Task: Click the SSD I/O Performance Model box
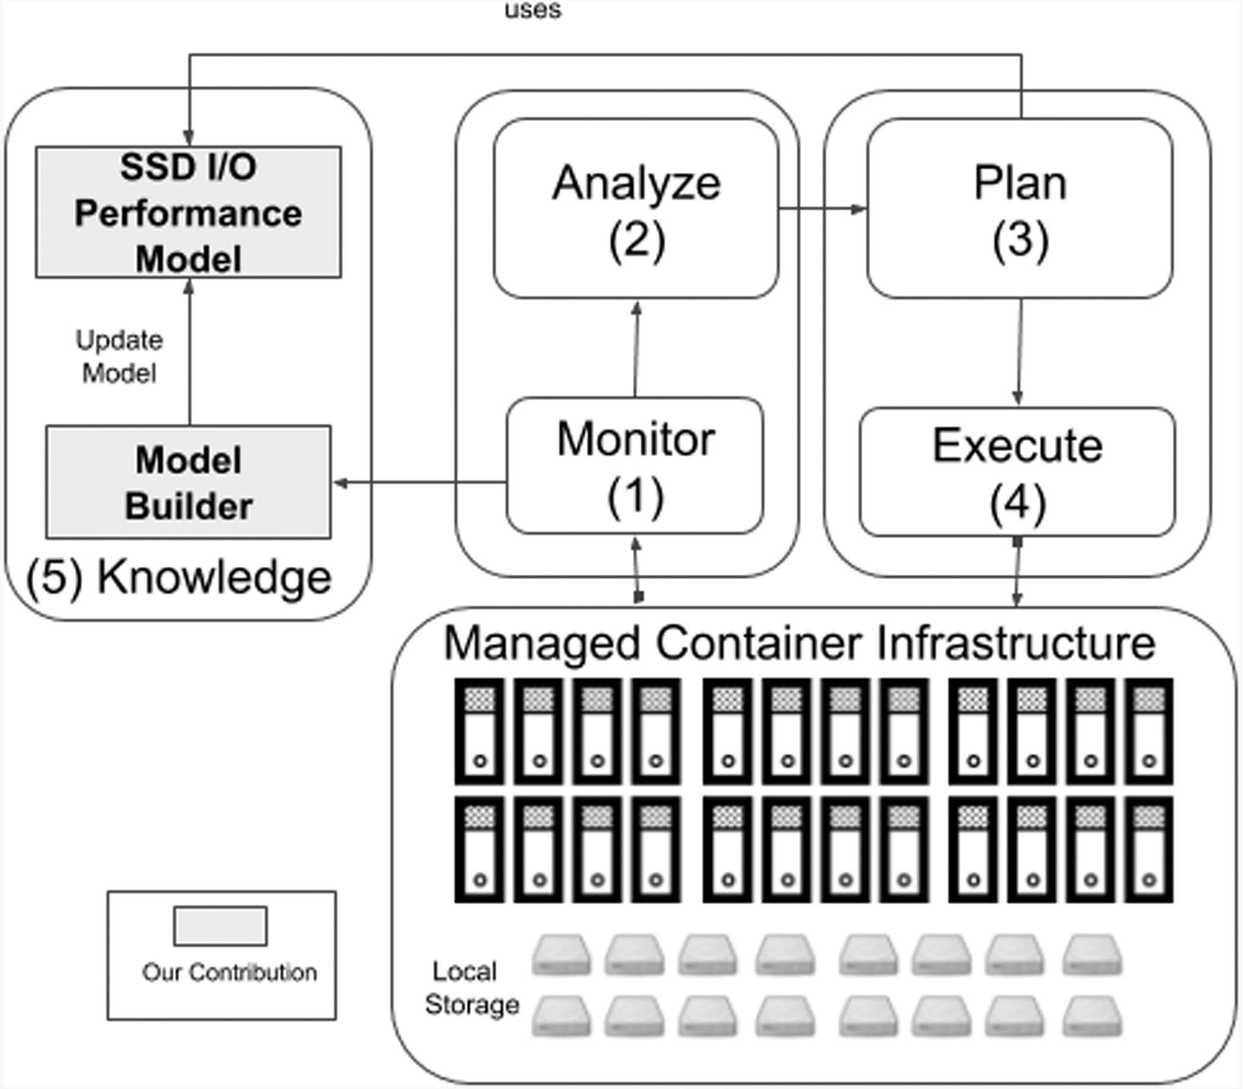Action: click(x=188, y=212)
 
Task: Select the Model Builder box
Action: click(x=188, y=482)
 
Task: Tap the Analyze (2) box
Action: click(x=636, y=209)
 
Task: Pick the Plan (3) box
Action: click(x=1020, y=209)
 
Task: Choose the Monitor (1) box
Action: click(x=635, y=466)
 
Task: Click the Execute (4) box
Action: click(x=1017, y=472)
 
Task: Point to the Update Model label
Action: click(x=119, y=356)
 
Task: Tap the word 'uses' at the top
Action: click(x=533, y=10)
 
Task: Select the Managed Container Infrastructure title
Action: click(x=799, y=643)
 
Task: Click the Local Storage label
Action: click(x=471, y=987)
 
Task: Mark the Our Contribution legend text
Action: click(x=229, y=973)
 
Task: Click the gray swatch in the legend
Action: click(x=220, y=926)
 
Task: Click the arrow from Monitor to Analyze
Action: click(x=636, y=349)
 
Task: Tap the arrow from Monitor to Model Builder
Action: click(x=419, y=483)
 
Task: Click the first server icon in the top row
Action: click(x=479, y=732)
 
